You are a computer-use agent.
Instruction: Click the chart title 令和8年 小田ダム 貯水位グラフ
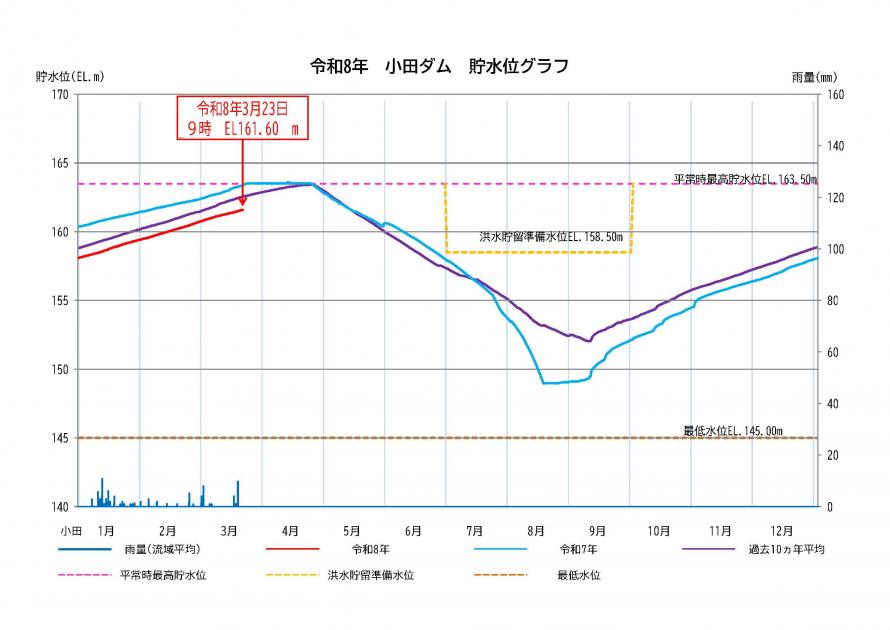440,67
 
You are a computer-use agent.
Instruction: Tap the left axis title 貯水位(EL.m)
70,76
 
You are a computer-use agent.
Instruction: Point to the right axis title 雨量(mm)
813,76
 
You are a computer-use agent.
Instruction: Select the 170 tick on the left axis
60,95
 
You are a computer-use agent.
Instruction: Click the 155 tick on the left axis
60,301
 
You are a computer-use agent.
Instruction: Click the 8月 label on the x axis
535,529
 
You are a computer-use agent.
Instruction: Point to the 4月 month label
290,529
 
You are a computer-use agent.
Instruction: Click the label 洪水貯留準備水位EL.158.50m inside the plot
551,238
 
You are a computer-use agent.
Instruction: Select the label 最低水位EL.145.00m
732,431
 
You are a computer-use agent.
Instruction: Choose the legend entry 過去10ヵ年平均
771,549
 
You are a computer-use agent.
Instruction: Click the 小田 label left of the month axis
70,529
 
